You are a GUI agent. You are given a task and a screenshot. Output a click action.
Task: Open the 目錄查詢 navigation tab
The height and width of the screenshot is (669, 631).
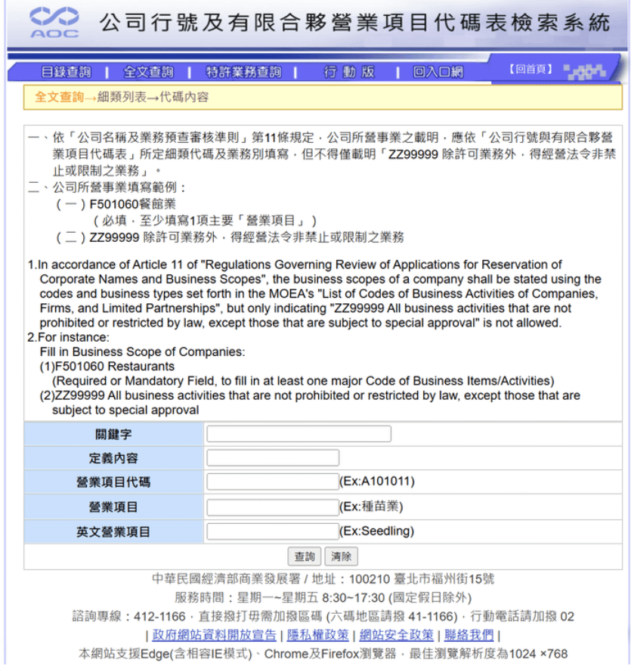pos(66,72)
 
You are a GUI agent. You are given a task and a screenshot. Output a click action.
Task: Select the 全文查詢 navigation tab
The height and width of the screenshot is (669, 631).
pos(148,72)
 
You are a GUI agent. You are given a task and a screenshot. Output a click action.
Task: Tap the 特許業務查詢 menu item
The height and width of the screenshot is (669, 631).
pos(243,72)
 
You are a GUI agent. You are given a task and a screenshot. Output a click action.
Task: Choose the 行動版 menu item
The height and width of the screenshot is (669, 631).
pos(349,72)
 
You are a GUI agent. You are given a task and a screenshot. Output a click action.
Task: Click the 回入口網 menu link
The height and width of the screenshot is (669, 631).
pos(438,72)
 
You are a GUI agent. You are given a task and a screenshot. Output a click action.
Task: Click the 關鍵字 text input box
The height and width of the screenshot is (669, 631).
pos(298,434)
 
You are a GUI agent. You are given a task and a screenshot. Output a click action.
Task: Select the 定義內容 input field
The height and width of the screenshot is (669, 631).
pos(273,458)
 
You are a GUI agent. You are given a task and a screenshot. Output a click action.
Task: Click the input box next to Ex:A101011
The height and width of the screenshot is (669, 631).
pos(273,482)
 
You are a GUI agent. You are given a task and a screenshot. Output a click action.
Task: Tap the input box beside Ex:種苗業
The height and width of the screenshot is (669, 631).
pos(273,506)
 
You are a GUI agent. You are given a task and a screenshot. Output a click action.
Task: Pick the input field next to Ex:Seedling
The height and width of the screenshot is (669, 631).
pos(273,531)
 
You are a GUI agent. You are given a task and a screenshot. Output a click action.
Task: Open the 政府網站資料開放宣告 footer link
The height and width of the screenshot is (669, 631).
pos(214,635)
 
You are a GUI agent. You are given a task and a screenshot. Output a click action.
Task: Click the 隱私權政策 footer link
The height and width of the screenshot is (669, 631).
pos(318,635)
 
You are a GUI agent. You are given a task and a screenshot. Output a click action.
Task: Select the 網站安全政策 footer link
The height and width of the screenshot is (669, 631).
pos(397,635)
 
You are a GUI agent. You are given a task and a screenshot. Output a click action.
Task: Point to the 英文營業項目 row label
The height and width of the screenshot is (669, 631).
pos(113,531)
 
